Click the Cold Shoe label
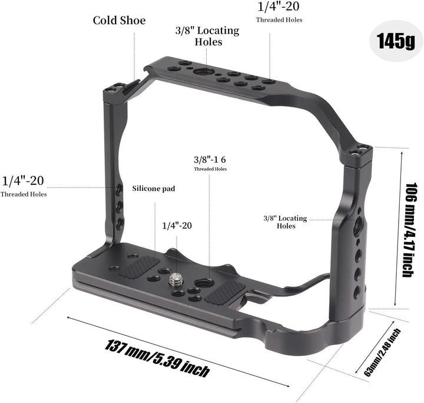(119, 21)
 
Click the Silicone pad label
(154, 189)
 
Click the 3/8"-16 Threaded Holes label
(210, 163)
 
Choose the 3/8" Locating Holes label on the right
(285, 222)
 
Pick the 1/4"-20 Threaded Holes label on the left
(24, 184)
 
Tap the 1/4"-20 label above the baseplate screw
(177, 225)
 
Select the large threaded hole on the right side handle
(358, 224)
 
